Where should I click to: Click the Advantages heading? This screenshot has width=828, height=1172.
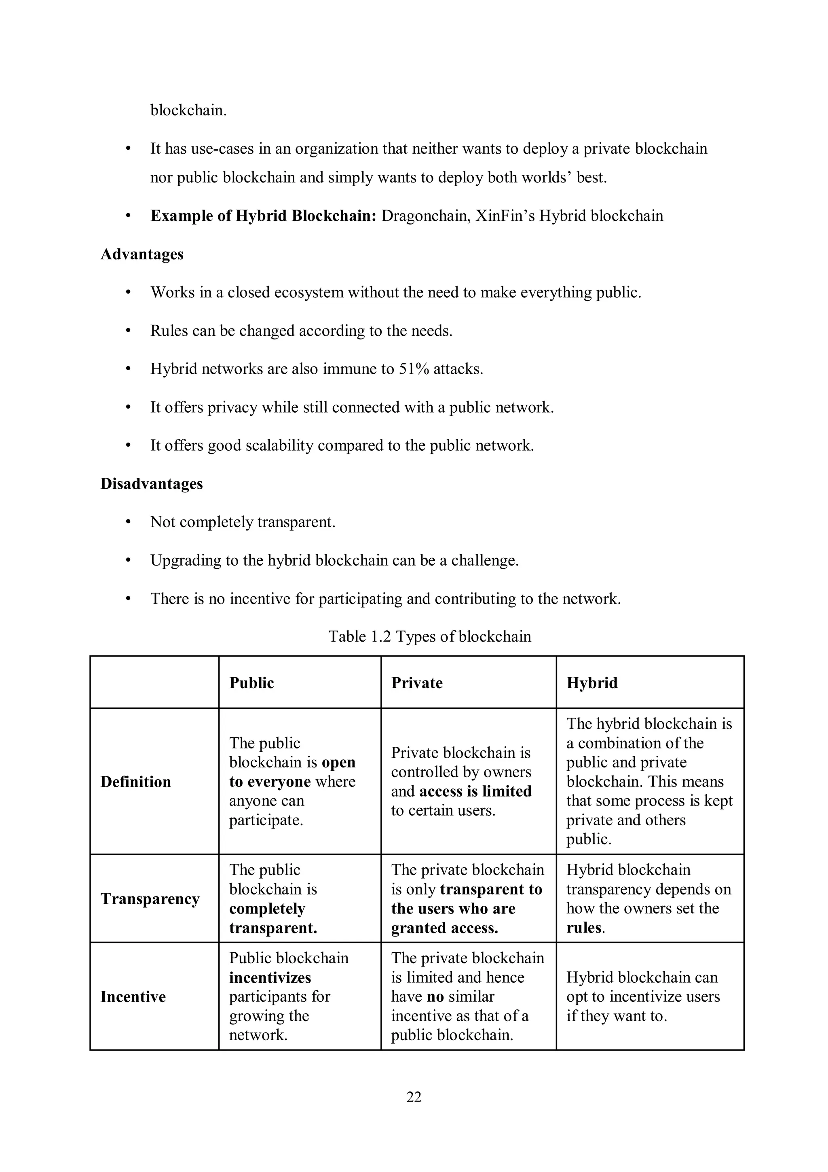(142, 254)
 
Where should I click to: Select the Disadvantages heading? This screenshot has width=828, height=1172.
(152, 483)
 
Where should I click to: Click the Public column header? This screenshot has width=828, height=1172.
(251, 683)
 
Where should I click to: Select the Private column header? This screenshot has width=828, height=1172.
(417, 683)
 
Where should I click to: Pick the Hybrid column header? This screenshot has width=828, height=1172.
(592, 683)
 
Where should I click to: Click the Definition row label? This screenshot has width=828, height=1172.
(136, 782)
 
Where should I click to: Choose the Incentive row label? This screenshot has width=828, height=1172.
(133, 997)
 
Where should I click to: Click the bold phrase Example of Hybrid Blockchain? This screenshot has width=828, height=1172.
(263, 216)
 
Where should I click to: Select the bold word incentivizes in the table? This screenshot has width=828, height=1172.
(270, 977)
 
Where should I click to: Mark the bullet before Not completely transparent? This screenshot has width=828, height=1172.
(129, 522)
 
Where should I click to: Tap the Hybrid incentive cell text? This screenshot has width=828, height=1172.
(643, 996)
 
